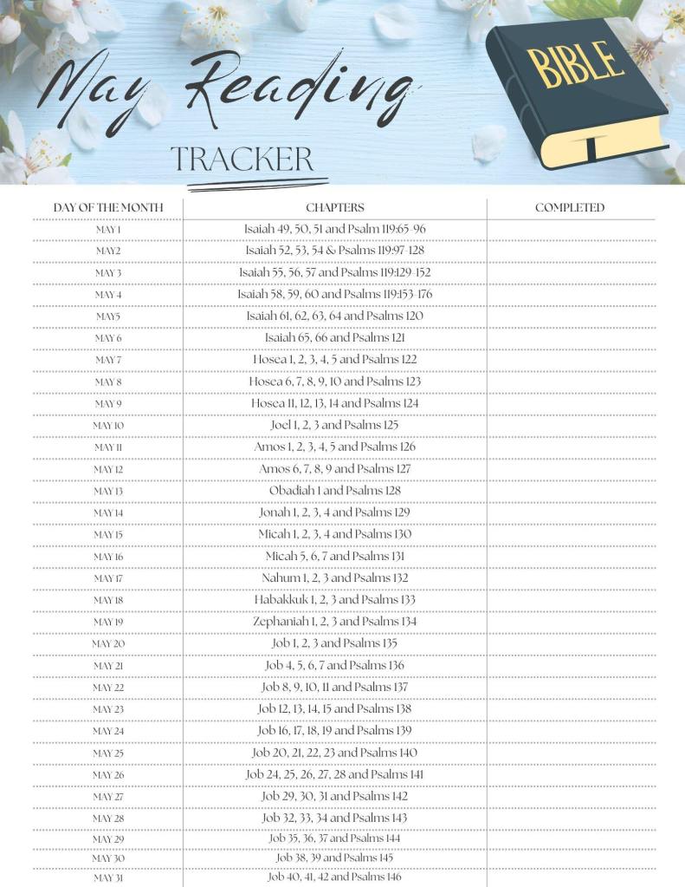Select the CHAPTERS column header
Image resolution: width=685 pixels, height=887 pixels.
(x=334, y=208)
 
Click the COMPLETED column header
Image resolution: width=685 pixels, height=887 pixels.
(x=569, y=208)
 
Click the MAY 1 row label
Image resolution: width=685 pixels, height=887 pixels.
(x=108, y=230)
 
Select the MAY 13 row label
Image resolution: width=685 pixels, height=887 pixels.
(x=108, y=492)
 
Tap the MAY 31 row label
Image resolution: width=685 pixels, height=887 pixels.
(x=108, y=878)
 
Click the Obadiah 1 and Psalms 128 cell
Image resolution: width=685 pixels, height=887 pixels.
(x=334, y=491)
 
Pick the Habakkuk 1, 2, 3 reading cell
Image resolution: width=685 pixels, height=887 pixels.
(x=334, y=600)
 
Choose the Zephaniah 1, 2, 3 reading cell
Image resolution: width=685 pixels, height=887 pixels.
(x=334, y=622)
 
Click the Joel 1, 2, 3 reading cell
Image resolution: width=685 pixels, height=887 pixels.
(x=334, y=425)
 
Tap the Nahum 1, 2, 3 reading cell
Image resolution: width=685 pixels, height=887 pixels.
(x=334, y=578)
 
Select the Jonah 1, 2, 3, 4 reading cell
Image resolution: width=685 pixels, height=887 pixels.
(x=334, y=512)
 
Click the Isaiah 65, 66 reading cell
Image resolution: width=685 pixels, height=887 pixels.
(x=334, y=337)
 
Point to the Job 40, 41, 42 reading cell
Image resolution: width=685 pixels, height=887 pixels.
(x=334, y=877)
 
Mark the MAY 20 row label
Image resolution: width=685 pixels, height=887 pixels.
(x=108, y=644)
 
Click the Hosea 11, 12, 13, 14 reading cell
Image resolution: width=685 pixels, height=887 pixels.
(x=334, y=403)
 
